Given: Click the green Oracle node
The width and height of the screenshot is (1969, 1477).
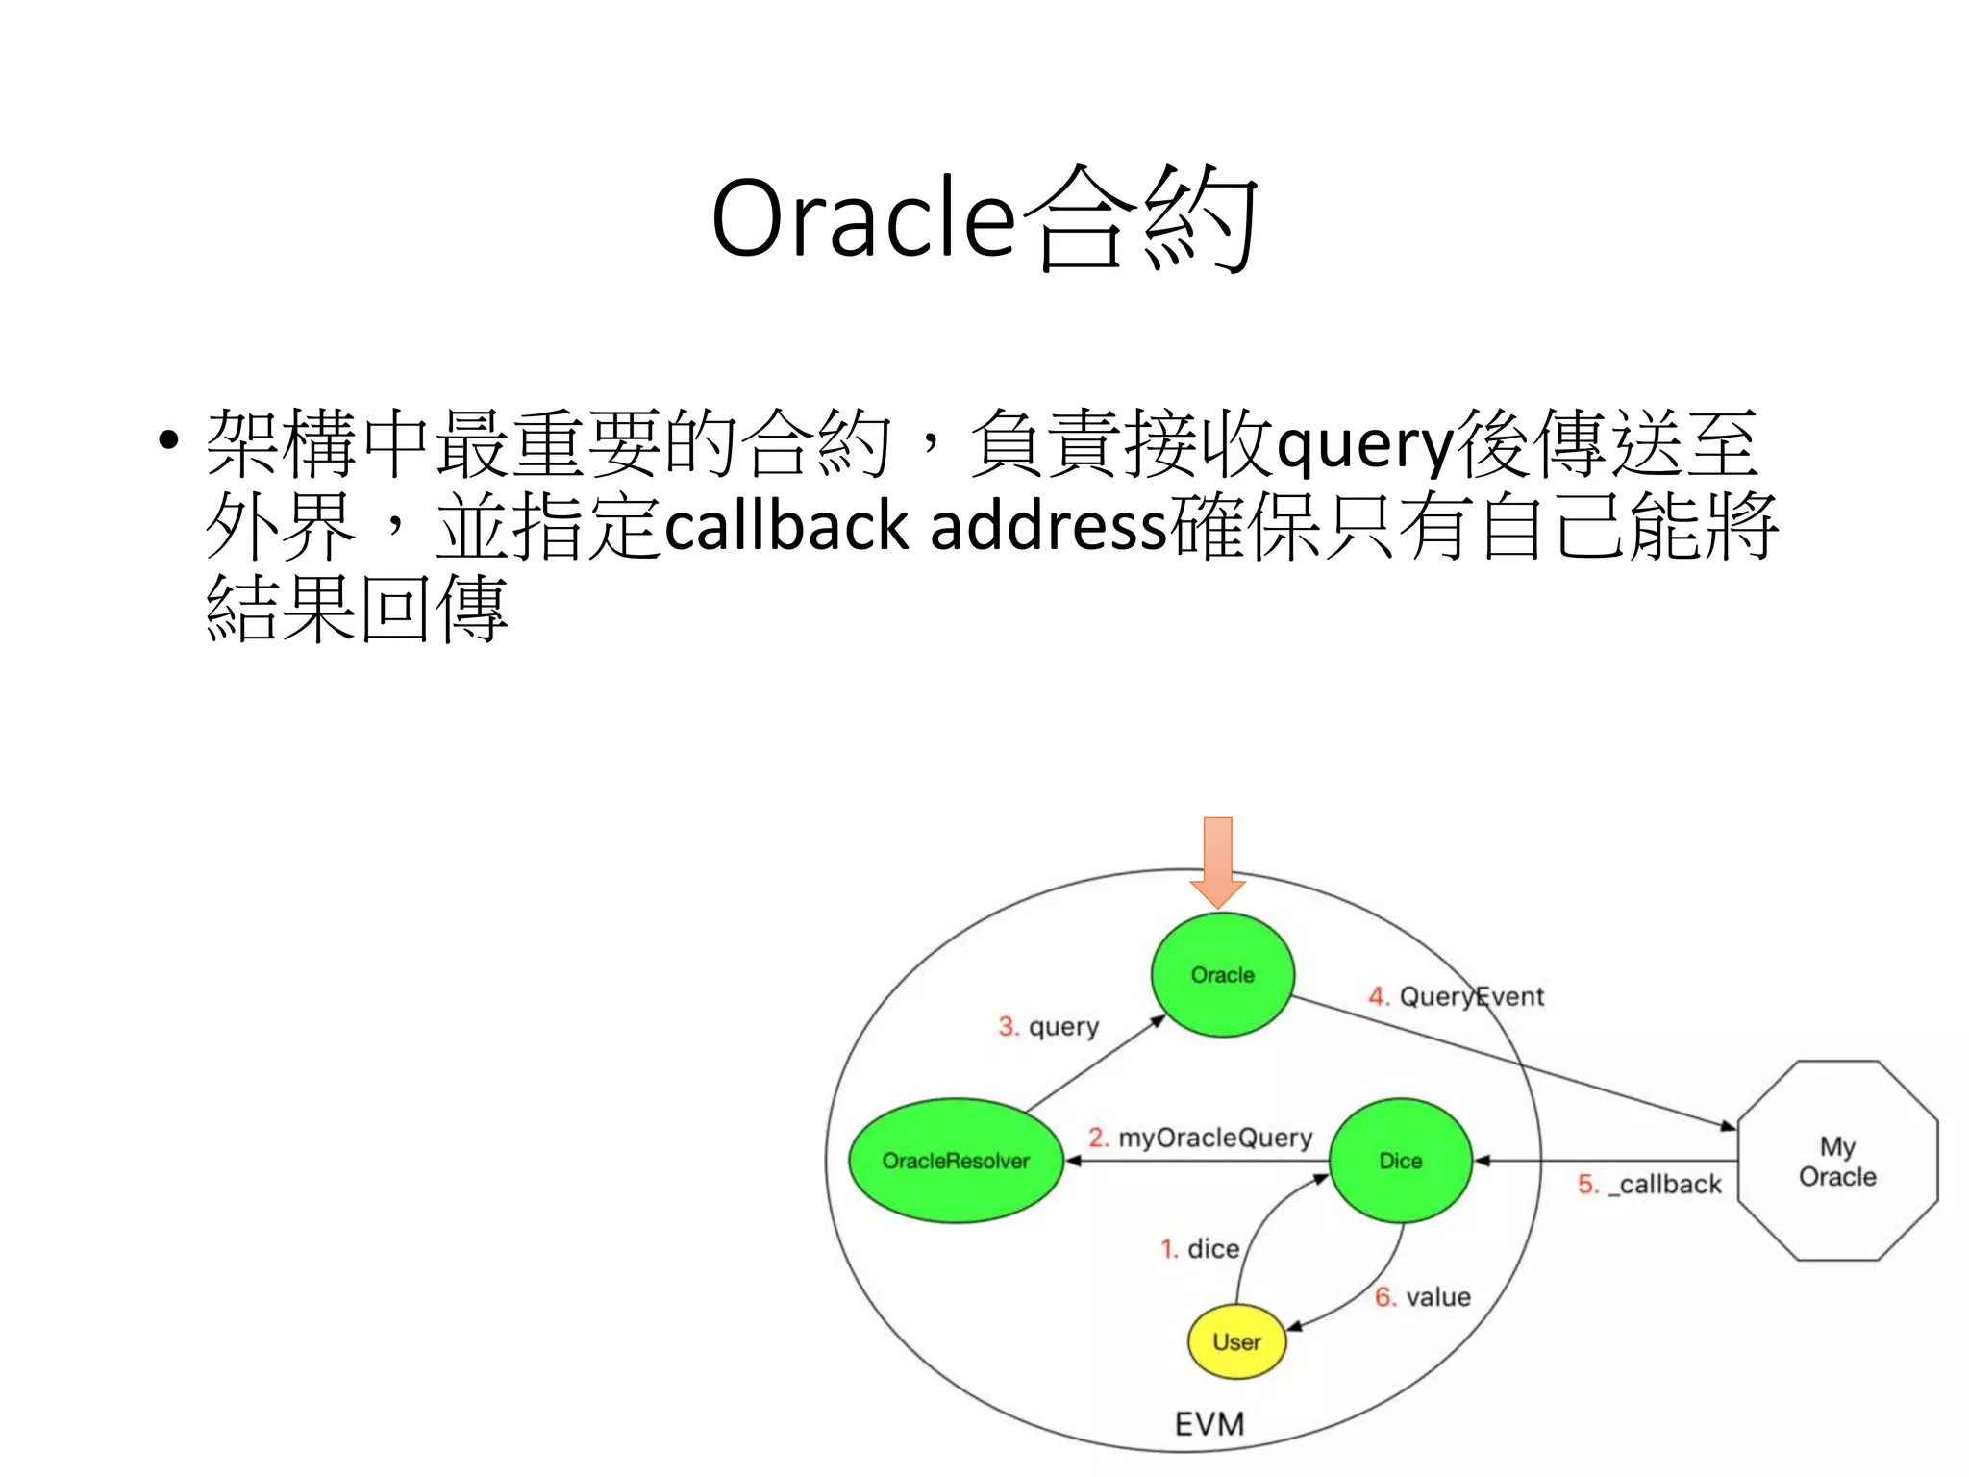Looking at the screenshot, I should (x=1222, y=974).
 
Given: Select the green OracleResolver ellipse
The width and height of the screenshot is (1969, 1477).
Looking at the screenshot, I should (x=956, y=1161).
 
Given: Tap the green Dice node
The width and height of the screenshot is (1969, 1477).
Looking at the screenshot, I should (x=1400, y=1161).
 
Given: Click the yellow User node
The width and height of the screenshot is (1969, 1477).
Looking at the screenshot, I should (x=1236, y=1341).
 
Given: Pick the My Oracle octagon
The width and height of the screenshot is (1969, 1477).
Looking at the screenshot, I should (x=1837, y=1161).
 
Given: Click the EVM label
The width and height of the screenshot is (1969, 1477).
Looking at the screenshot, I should (x=1209, y=1423).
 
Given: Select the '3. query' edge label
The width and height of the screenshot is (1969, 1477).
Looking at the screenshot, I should (x=1048, y=1027).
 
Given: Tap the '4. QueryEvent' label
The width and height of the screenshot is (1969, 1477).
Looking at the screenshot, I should (x=1456, y=996).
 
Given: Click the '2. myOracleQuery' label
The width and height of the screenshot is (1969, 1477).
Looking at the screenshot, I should (x=1200, y=1138).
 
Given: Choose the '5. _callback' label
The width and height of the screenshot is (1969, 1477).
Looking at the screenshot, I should (x=1649, y=1184).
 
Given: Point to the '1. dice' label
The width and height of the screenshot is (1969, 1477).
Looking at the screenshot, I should (x=1200, y=1248).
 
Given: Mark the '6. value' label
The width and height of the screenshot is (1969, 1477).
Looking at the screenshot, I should (x=1422, y=1297).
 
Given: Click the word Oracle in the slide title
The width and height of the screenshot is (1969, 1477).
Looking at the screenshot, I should (x=862, y=218).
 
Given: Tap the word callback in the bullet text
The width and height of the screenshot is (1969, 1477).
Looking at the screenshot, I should (x=786, y=527).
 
